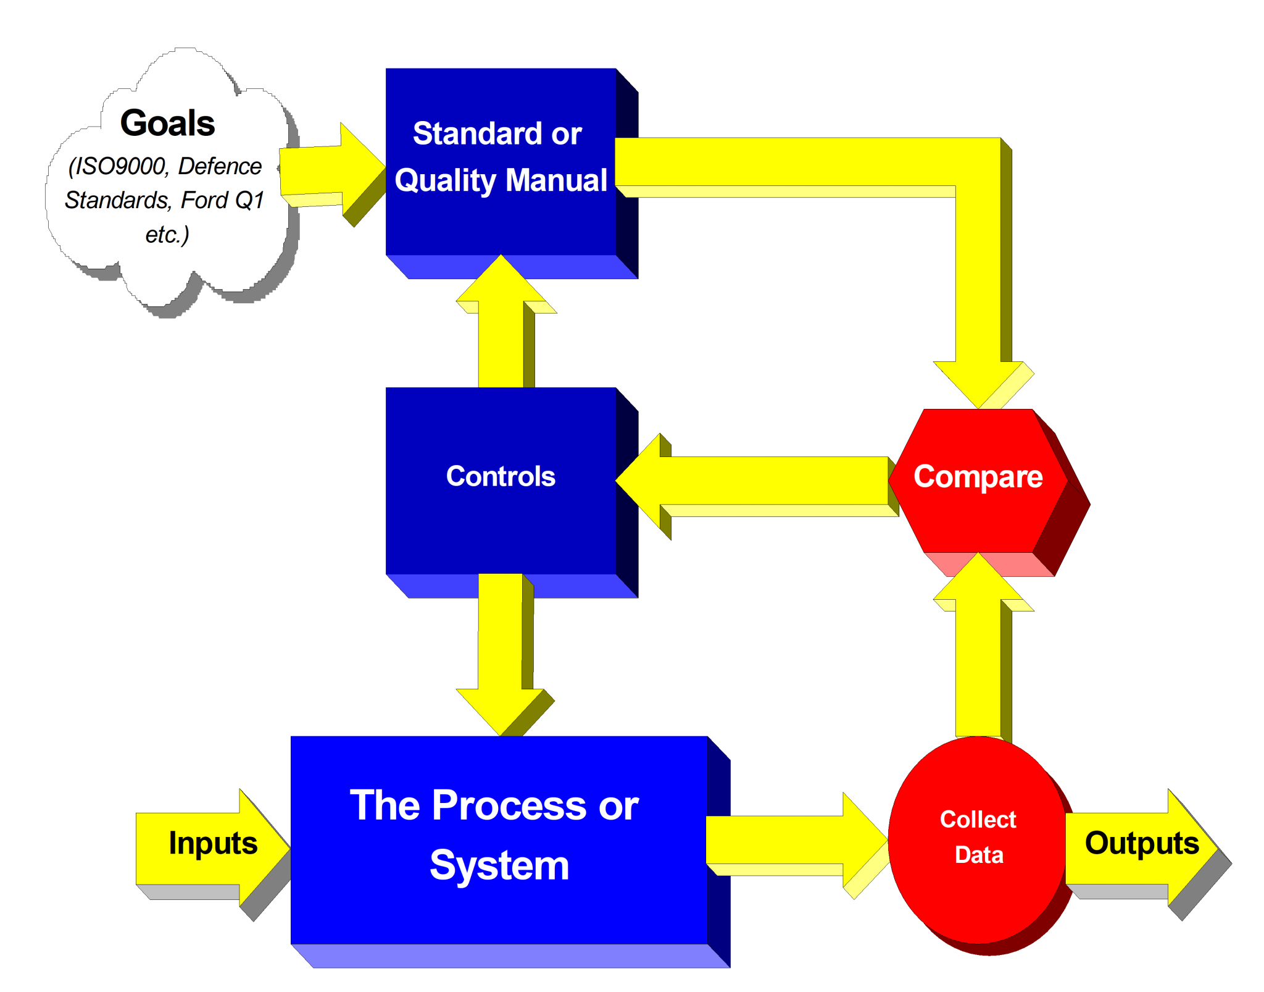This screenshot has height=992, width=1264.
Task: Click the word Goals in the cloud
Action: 167,123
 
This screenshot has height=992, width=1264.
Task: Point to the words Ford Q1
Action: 223,200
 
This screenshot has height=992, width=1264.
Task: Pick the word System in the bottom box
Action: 499,865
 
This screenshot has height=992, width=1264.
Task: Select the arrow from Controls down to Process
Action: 501,655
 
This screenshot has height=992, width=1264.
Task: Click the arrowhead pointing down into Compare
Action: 978,383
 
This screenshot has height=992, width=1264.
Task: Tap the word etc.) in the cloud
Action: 167,235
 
